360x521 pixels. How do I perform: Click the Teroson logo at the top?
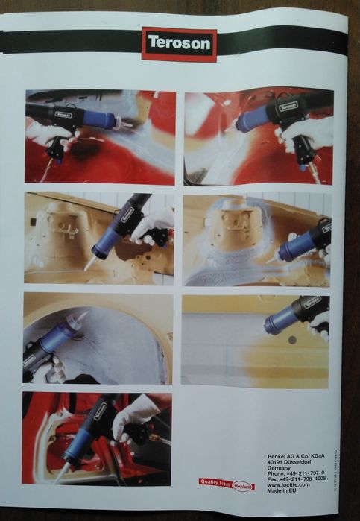(179, 44)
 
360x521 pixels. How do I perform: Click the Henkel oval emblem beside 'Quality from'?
(244, 485)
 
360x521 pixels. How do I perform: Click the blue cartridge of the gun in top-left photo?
(98, 119)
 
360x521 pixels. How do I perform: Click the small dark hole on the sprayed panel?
(292, 340)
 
